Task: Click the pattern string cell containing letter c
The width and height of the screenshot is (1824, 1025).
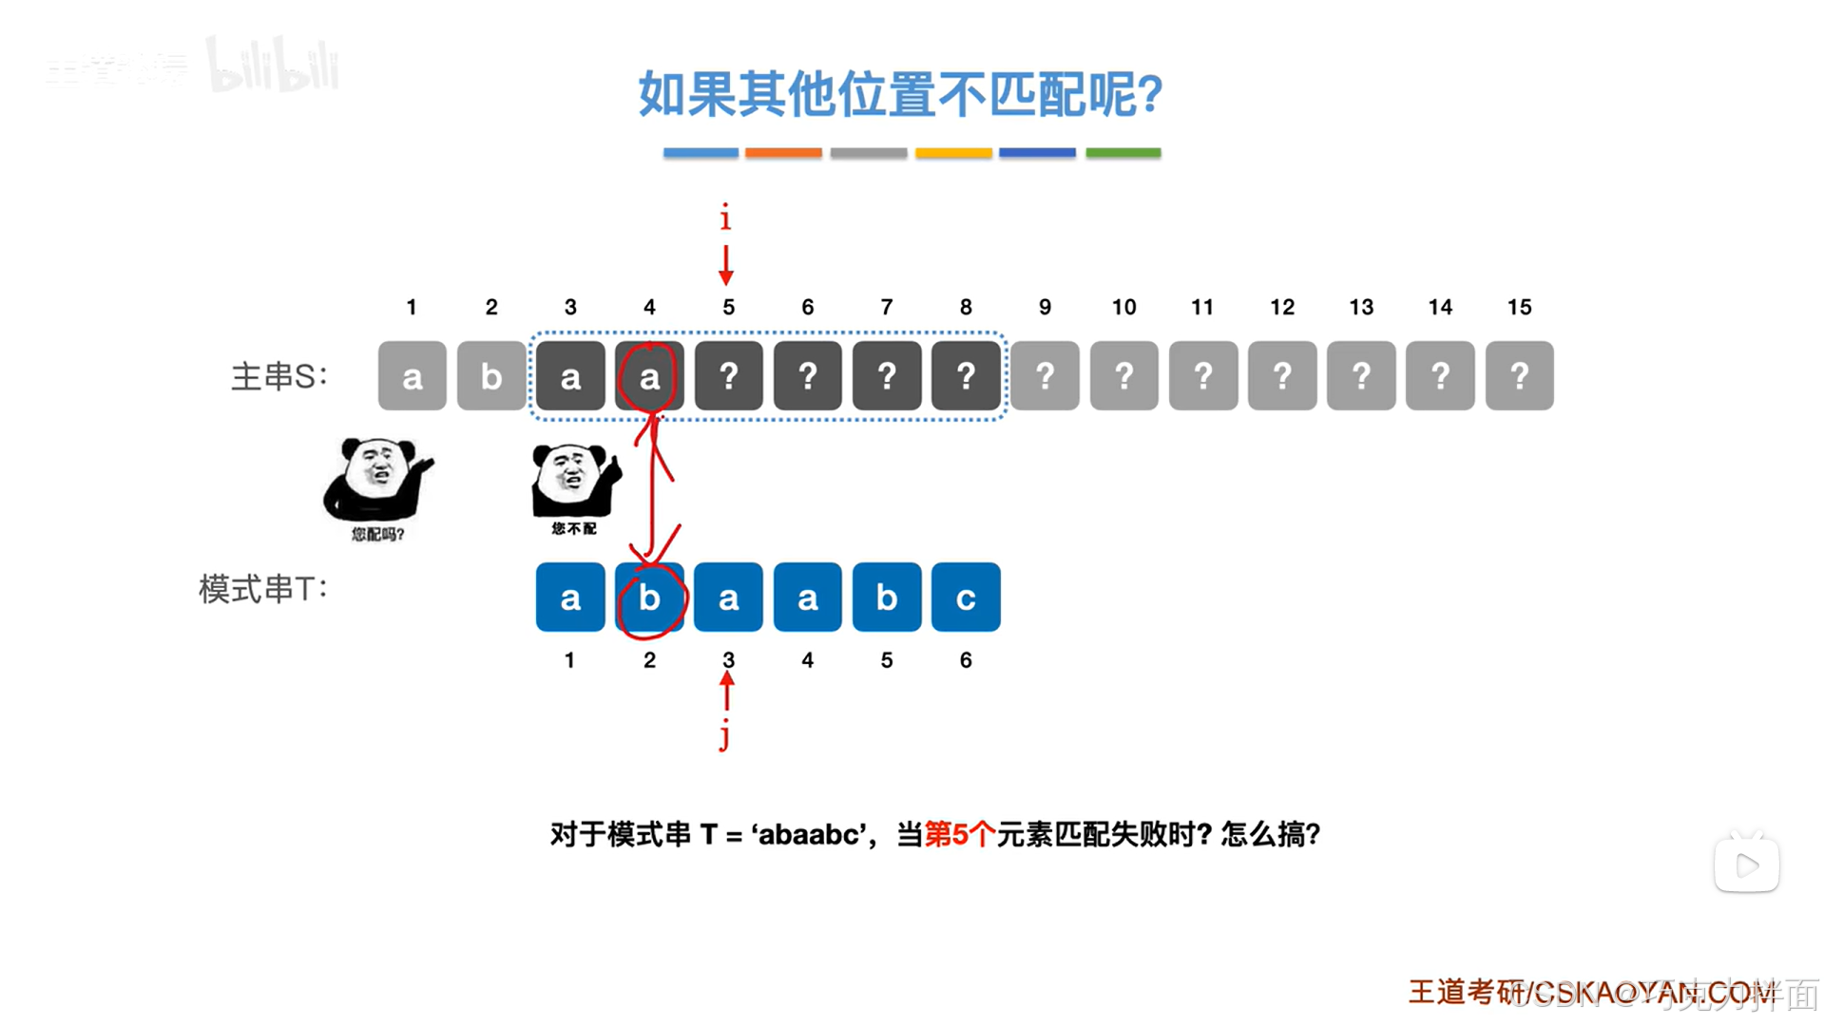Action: (965, 598)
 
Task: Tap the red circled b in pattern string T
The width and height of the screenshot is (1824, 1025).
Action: (649, 598)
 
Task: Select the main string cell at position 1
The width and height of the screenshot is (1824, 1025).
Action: (412, 376)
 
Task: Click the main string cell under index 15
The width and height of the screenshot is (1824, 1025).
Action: (1519, 376)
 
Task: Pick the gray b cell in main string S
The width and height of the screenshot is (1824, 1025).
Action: (490, 376)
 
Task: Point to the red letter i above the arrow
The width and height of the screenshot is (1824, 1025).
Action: (725, 218)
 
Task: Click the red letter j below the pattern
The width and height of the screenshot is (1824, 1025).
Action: (725, 734)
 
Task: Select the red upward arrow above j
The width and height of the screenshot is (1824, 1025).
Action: (727, 691)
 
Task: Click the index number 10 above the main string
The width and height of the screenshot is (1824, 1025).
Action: (1123, 307)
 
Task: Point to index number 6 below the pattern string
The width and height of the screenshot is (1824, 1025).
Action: (965, 660)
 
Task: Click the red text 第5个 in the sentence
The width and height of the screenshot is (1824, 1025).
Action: (959, 834)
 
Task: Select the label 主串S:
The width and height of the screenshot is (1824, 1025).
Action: (278, 376)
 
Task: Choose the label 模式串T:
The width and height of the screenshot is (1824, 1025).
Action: (262, 589)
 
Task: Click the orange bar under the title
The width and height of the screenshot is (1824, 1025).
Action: (783, 152)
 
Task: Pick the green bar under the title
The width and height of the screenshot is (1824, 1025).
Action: (1123, 152)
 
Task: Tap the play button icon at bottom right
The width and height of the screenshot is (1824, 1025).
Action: (1746, 864)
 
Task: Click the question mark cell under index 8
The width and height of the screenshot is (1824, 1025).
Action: (965, 376)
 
